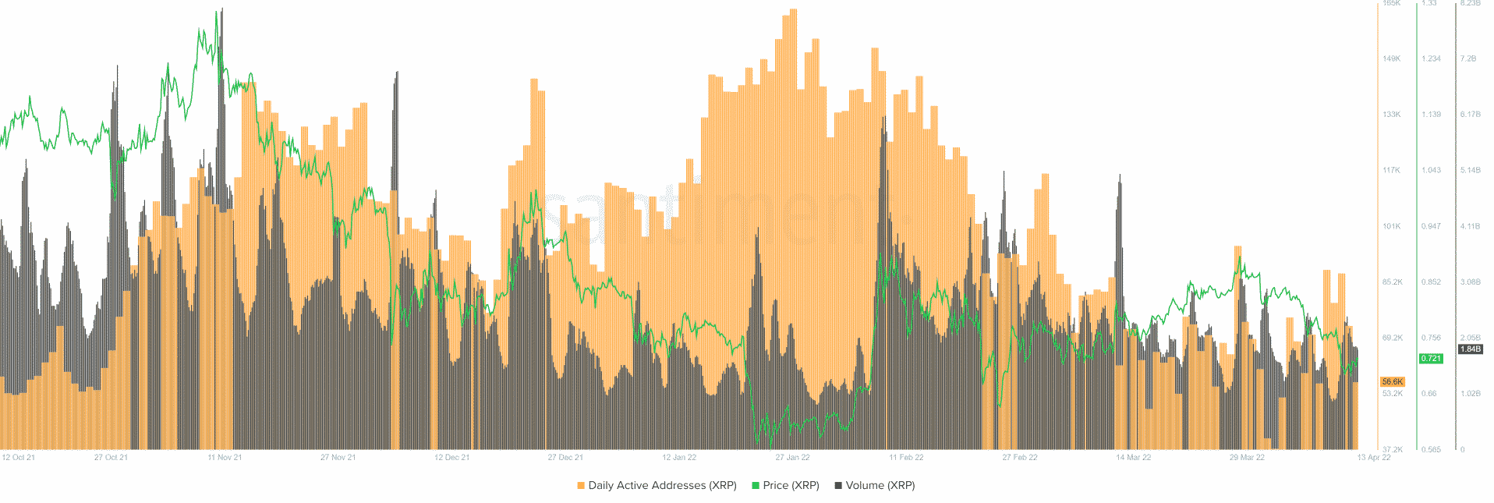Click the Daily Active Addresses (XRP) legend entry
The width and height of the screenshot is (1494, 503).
[x=657, y=485]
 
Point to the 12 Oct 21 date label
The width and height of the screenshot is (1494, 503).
[x=18, y=458]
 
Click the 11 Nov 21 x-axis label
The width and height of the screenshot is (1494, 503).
[x=225, y=458]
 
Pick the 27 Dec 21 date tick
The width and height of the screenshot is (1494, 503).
[x=565, y=458]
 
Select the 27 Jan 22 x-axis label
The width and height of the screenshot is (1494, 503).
[x=792, y=458]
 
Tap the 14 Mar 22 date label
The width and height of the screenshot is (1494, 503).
[x=1133, y=458]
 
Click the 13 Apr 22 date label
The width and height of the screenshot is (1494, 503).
[x=1374, y=458]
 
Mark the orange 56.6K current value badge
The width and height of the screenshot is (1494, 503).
[x=1392, y=382]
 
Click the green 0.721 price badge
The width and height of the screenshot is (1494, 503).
[x=1431, y=359]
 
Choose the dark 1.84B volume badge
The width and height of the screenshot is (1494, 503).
[x=1470, y=349]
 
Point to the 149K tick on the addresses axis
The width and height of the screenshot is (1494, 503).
[x=1391, y=58]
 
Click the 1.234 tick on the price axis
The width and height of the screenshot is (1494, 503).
[x=1431, y=58]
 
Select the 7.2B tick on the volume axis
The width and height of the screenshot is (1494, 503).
[x=1469, y=58]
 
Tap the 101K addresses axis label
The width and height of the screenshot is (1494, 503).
[x=1391, y=226]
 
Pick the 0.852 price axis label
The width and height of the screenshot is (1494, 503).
[x=1431, y=282]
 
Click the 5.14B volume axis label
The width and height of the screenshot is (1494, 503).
[x=1470, y=170]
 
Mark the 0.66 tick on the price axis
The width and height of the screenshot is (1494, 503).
[x=1429, y=394]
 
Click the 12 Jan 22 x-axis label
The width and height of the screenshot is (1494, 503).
[x=679, y=458]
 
